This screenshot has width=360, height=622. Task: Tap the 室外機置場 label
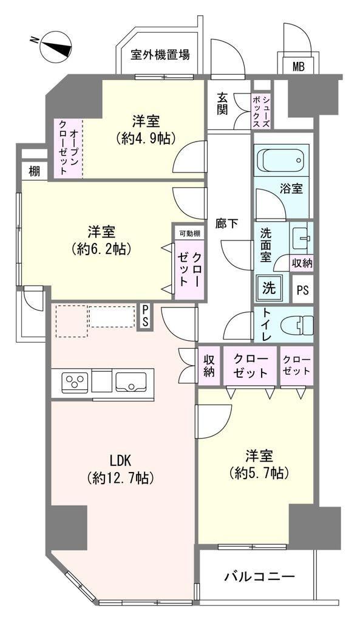(x=160, y=54)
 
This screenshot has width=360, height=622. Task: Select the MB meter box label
(x=298, y=66)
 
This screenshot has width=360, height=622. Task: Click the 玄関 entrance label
(x=222, y=103)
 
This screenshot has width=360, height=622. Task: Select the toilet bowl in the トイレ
(x=297, y=326)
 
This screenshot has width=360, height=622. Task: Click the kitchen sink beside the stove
(x=131, y=382)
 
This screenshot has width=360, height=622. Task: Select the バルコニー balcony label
(x=260, y=576)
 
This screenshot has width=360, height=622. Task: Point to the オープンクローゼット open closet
(x=68, y=148)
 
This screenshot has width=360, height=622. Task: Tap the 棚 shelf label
(x=34, y=172)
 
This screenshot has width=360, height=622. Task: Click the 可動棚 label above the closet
(x=190, y=234)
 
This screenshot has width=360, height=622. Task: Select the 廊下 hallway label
(x=227, y=224)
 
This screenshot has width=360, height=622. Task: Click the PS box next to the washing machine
(x=302, y=290)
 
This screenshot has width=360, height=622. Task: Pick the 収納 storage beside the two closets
(x=209, y=366)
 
